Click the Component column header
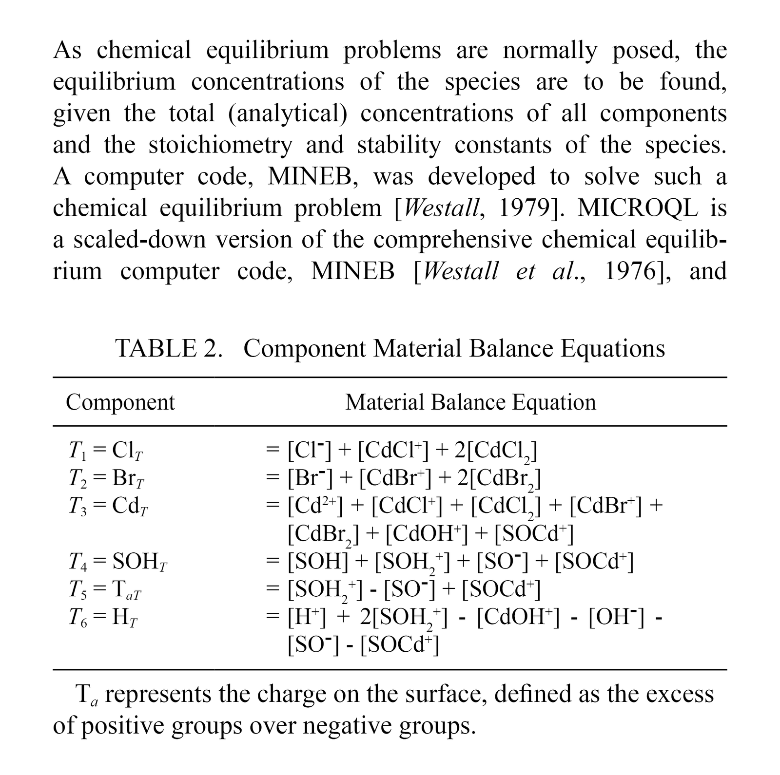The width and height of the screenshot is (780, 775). point(120,403)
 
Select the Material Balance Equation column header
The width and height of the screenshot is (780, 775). point(470,403)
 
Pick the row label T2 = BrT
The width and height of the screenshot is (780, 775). point(107,479)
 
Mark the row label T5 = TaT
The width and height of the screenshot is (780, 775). point(105,590)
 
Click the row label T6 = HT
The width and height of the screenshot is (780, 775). point(103,618)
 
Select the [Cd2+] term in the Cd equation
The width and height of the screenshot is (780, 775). point(315,507)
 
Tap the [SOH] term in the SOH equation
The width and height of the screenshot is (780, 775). point(318,563)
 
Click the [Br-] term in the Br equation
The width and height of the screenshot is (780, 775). point(310,479)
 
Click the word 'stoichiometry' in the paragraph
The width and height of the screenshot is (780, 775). point(220,145)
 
